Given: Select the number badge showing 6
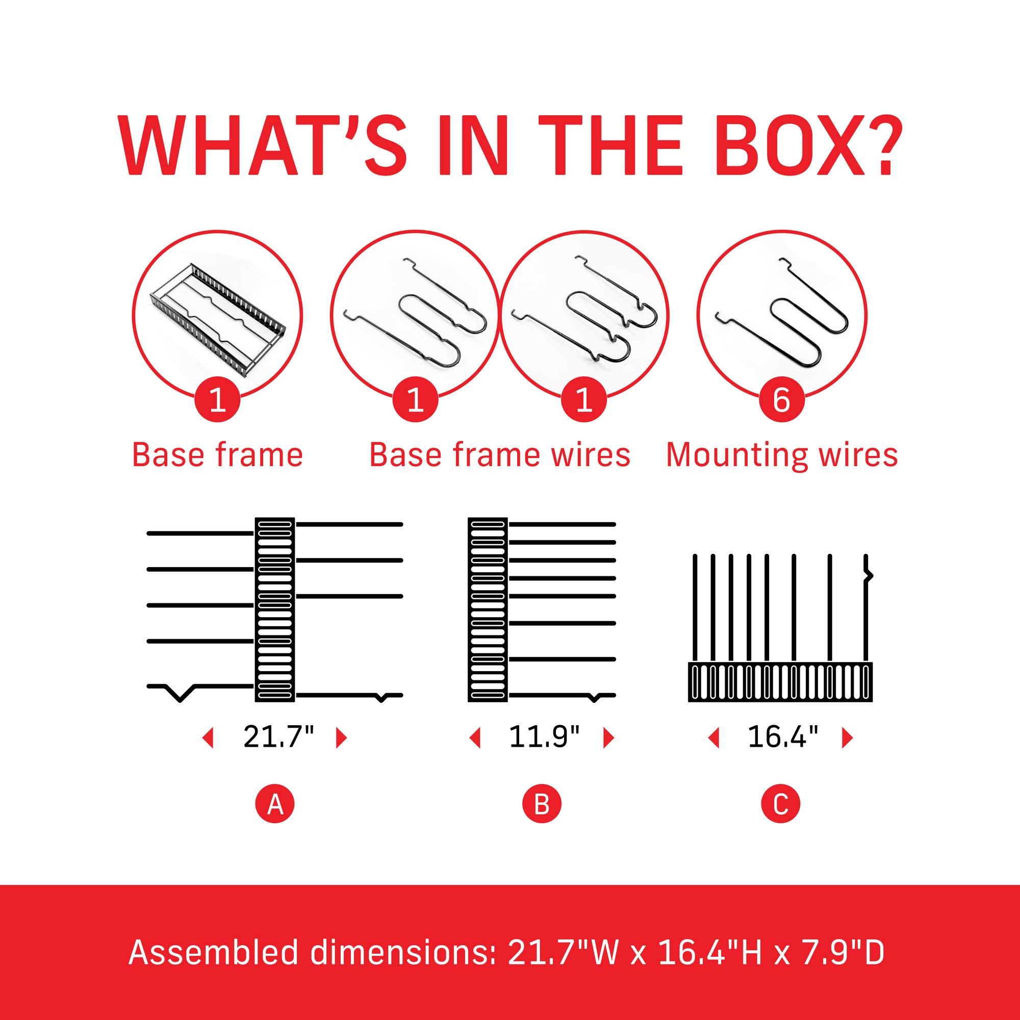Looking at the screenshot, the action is coord(781,401).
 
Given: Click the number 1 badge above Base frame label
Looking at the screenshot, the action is coord(218,401).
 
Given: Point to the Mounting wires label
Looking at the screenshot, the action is coord(782,455).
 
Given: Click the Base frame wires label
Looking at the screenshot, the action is coord(499,455).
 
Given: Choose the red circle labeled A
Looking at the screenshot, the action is coord(274,805).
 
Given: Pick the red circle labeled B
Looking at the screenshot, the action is coord(542,805).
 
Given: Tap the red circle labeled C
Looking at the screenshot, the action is coord(781,805).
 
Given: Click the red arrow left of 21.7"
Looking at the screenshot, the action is coord(208,737).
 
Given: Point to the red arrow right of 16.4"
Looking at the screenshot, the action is coord(847,737).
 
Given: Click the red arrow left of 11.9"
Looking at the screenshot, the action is coord(475,737).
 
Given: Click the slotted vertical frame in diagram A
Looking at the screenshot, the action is coord(275,610).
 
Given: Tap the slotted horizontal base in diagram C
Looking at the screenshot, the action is coord(781,681).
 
